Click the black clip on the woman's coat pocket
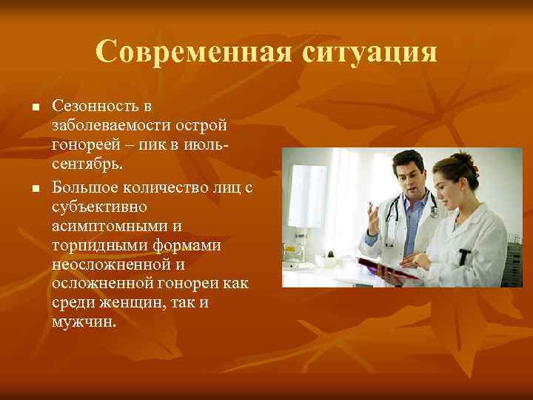click(x=464, y=256)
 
